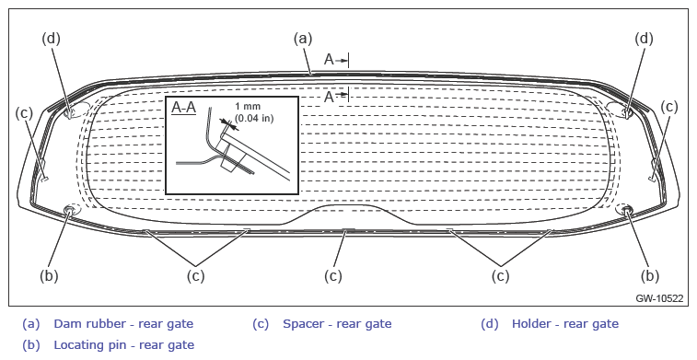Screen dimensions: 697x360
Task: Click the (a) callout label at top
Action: (x=303, y=39)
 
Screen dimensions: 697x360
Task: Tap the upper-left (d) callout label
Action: (x=51, y=39)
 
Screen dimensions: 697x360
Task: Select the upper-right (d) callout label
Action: (x=644, y=39)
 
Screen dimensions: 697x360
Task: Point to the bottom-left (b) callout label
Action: (x=49, y=276)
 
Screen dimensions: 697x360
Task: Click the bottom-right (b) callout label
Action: (x=649, y=276)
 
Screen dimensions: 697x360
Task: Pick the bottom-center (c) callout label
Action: (x=333, y=276)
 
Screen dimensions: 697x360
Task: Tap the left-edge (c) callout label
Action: (x=24, y=113)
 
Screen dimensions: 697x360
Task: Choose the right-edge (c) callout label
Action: (x=669, y=107)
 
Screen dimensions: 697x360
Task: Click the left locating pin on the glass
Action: (x=70, y=209)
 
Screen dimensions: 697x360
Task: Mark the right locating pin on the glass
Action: (x=627, y=209)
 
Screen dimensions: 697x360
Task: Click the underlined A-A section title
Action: (x=183, y=108)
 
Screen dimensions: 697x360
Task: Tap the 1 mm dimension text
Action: (x=248, y=106)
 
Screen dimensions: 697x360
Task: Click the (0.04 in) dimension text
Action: (x=254, y=118)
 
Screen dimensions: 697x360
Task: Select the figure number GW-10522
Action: (x=659, y=298)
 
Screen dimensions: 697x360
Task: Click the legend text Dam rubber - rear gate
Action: (x=123, y=323)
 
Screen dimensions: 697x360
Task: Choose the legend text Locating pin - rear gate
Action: (x=124, y=345)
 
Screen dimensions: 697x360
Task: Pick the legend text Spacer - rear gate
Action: (x=337, y=323)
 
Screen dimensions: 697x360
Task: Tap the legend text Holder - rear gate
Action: (x=565, y=323)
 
